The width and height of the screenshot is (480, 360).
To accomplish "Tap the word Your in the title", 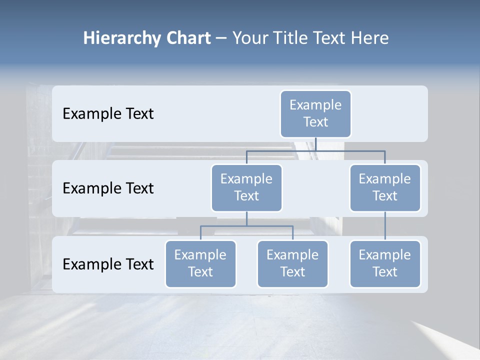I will coord(250,38).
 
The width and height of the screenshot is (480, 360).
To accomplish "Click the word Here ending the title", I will coord(368,38).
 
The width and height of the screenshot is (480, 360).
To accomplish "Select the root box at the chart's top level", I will coord(315,113).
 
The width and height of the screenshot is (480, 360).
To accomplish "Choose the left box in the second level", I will coord(246,187).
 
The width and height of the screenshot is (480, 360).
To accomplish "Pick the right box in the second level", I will coord(384,187).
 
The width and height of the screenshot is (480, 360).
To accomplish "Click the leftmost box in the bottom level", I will coord(200,263).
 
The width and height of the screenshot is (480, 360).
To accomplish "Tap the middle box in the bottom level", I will coord(292,263).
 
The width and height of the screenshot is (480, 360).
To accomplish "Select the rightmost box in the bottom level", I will coord(384,263).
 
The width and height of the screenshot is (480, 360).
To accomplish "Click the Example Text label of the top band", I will coord(108,113).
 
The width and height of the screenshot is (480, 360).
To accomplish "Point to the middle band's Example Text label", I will coord(108,188).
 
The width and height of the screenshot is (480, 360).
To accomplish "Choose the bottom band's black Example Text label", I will coord(108,264).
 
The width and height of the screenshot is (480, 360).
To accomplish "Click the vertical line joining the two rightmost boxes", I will coord(385,226).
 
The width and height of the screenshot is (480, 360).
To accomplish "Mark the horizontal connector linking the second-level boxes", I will coord(315,150).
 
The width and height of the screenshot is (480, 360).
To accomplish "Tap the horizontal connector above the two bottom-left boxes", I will coord(246,226).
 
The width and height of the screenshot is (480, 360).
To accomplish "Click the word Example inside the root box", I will coord(315,105).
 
